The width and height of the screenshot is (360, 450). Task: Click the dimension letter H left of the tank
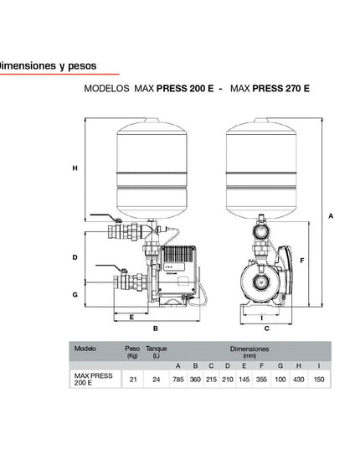[x=75, y=168]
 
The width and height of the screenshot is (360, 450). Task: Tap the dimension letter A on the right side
[x=331, y=215]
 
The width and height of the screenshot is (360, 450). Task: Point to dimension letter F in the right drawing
[x=301, y=261]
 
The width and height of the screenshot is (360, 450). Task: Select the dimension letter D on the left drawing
[x=75, y=257]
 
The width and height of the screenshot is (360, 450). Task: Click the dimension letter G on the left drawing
[x=75, y=294]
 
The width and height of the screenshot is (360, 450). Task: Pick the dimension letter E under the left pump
[x=131, y=318]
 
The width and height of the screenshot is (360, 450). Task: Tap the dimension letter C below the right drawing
[x=266, y=328]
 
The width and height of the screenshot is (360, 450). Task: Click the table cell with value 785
[x=177, y=379]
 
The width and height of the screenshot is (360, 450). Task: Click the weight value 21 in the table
[x=132, y=379]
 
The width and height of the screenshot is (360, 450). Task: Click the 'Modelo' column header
[x=85, y=347]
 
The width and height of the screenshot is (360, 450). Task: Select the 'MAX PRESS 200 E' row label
[x=91, y=379]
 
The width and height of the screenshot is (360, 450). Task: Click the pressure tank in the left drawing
[x=152, y=168]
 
